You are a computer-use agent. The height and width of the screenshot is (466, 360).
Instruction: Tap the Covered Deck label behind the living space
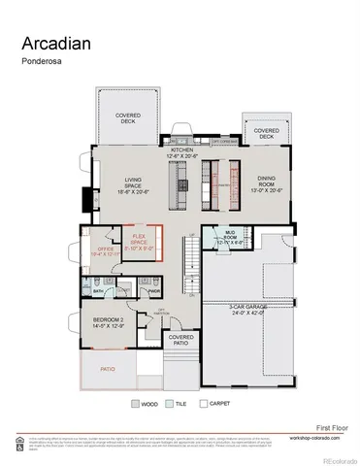[x=128, y=118]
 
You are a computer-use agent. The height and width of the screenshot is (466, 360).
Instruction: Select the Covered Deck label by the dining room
[x=267, y=133]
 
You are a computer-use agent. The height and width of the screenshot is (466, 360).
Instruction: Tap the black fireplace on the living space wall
[x=87, y=199]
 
